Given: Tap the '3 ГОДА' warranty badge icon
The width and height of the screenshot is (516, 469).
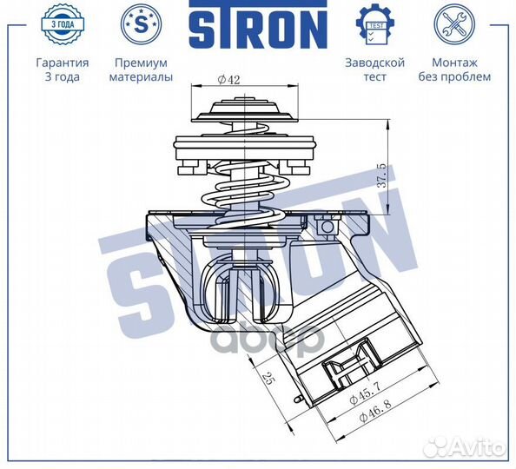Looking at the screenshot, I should (62, 24).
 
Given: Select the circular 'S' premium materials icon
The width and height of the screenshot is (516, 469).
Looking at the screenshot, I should (141, 24).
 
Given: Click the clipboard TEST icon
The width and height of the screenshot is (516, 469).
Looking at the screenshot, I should (374, 24).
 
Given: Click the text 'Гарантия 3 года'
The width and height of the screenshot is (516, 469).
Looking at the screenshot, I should (62, 69).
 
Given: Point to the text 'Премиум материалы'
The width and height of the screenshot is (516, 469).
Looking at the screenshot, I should (141, 69).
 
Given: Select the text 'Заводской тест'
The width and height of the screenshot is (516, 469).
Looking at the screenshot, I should (374, 69).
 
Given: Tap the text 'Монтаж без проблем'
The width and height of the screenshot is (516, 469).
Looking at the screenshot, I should (461, 69).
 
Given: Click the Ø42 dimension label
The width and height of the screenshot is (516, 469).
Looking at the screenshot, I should (229, 79).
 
